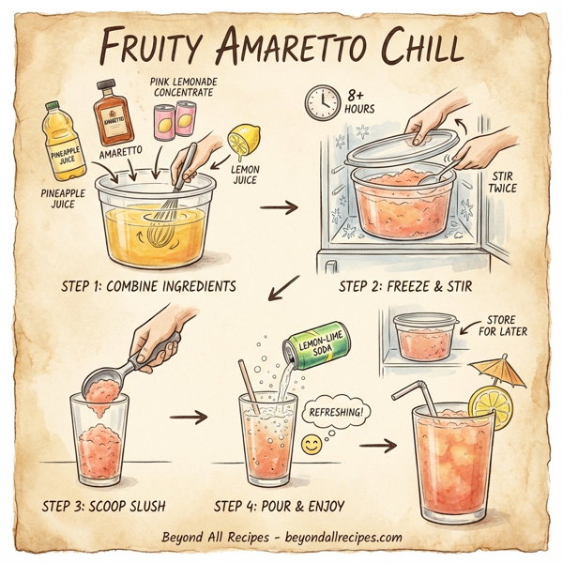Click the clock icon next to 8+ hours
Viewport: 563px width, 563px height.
coord(322,101)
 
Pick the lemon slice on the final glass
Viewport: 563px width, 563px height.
coord(489,403)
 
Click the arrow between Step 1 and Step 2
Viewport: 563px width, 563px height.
coord(273,205)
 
